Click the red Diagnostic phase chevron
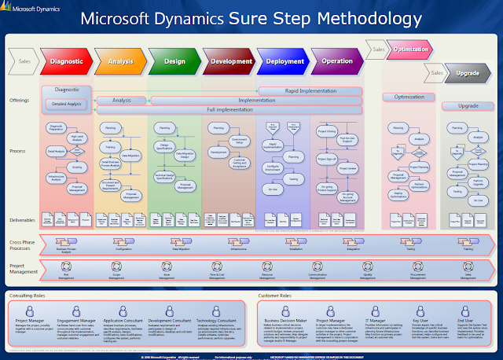[66, 60]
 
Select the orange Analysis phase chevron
[119, 60]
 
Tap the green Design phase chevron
[174, 60]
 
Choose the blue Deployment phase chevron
[284, 60]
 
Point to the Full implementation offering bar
[228, 109]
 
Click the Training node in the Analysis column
[110, 146]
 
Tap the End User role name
[464, 321]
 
